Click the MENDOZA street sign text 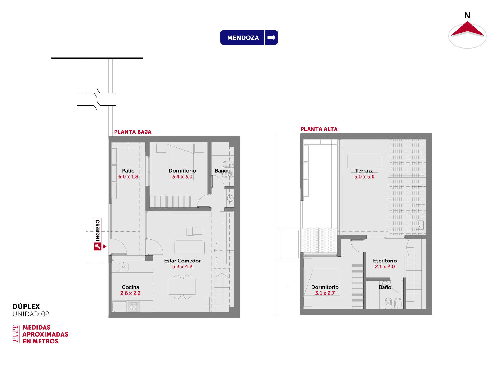tap(243, 38)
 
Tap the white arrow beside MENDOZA tap(271, 37)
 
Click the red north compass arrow tap(467, 29)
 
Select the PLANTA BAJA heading tap(133, 132)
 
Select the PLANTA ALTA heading tap(319, 129)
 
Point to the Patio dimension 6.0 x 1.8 tap(128, 177)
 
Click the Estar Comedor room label tap(182, 261)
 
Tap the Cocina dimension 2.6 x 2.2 tap(130, 293)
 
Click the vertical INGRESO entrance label tap(98, 230)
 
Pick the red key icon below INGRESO tap(97, 247)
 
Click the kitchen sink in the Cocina tap(124, 266)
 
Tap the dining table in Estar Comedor tap(182, 287)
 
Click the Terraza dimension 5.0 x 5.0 tap(364, 177)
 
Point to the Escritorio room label tap(385, 261)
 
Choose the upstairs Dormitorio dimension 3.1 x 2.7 tap(325, 293)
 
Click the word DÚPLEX tap(26, 307)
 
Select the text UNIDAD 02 tap(31, 314)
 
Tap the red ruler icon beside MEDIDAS tap(16, 334)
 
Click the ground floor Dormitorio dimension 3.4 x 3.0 tap(182, 177)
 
